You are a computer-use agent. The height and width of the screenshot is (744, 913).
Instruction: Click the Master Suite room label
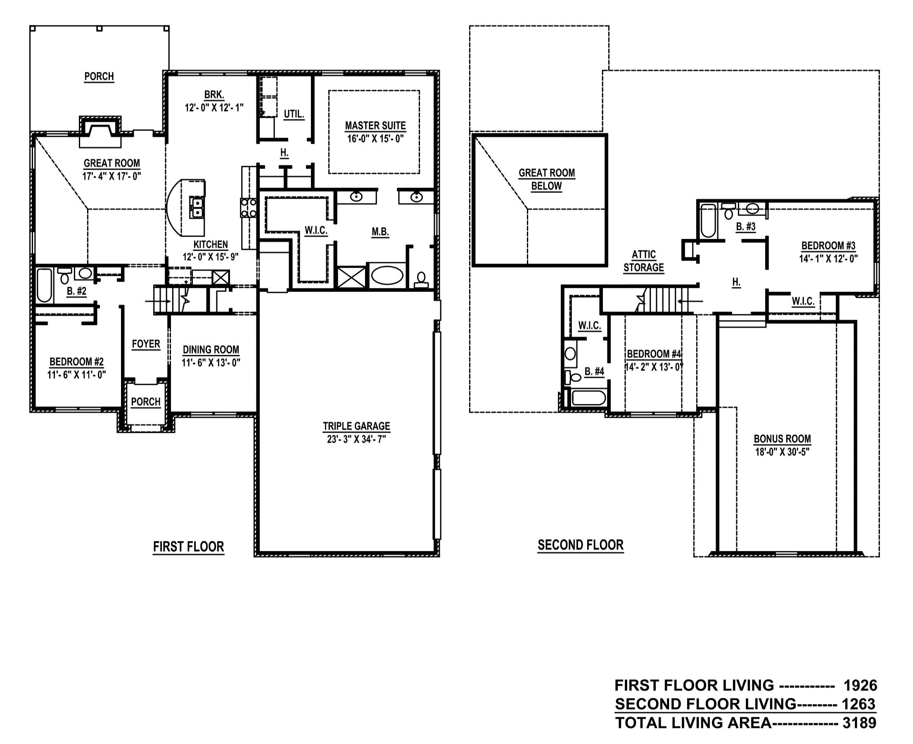[x=375, y=126]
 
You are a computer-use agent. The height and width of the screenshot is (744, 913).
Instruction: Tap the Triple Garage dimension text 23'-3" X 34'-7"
[x=356, y=439]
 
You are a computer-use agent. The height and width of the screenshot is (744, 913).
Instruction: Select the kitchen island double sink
[x=197, y=207]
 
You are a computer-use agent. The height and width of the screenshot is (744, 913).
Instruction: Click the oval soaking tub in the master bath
[x=387, y=275]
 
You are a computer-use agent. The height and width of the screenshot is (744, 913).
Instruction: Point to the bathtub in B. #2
[x=44, y=285]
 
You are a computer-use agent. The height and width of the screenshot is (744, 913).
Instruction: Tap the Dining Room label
[x=211, y=350]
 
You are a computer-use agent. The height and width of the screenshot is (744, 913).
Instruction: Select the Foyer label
[x=146, y=344]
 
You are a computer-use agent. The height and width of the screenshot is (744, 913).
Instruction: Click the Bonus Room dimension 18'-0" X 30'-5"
[x=782, y=452]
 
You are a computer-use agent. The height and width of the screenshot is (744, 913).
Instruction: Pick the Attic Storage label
[x=643, y=261]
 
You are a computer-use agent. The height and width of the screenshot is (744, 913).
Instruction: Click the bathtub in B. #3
[x=708, y=221]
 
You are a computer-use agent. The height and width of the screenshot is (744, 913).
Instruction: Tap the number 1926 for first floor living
[x=860, y=686]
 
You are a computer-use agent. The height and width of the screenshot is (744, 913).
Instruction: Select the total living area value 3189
[x=859, y=723]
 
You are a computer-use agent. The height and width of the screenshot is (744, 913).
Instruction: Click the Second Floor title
[x=580, y=545]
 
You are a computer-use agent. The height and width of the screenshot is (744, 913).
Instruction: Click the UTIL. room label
[x=294, y=114]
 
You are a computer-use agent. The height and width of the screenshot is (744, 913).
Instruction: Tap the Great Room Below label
[x=546, y=180]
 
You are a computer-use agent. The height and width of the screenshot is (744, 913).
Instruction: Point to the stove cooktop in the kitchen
[x=248, y=208]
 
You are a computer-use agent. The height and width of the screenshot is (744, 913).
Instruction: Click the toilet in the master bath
[x=421, y=280]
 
